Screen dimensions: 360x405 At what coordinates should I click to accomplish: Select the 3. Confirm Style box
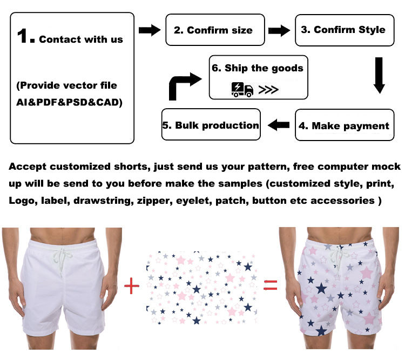pos(342,30)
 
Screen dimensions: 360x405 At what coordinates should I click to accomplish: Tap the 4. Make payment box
pos(343,125)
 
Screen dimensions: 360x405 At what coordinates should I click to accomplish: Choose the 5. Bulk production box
pos(211,125)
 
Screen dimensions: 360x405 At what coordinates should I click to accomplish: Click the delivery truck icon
pos(242,89)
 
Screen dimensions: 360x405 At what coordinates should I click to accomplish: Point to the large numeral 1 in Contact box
pos(26,36)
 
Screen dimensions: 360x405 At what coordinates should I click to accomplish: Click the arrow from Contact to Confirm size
pos(150,30)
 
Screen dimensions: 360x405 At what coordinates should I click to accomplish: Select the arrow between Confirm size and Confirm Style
pos(279,30)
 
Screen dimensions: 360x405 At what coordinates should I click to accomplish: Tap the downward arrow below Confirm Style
pos(379,76)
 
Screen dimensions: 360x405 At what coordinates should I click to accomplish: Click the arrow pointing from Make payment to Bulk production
pos(279,125)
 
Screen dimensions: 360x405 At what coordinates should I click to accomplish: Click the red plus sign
pos(132,285)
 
